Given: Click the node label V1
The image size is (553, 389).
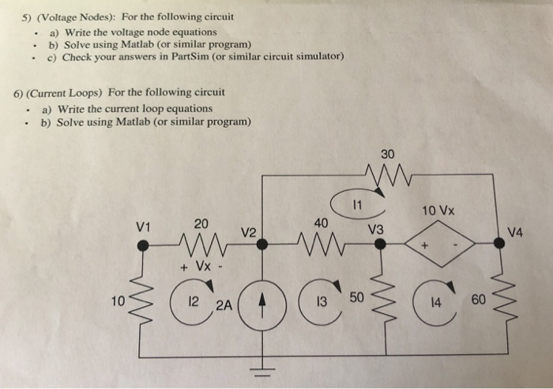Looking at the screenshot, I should pos(144,226).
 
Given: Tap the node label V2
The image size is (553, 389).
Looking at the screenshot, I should pos(249,233).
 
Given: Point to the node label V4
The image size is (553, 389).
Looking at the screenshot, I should pos(515,232).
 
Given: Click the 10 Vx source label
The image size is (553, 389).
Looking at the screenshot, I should pos(439,211).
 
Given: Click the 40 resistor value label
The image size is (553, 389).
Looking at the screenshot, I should pos(319,223).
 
